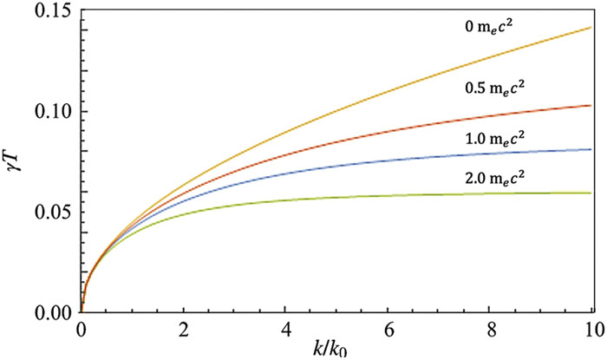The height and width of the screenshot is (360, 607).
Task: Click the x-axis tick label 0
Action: tap(81, 330)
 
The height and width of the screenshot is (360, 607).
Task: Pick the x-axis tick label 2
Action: tap(182, 330)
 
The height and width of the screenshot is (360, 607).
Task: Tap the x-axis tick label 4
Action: tap(284, 330)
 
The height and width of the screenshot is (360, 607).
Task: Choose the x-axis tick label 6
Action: tap(387, 330)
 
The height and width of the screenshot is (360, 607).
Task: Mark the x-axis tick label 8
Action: tap(489, 330)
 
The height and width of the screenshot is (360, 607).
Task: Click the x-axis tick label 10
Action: tap(591, 330)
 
